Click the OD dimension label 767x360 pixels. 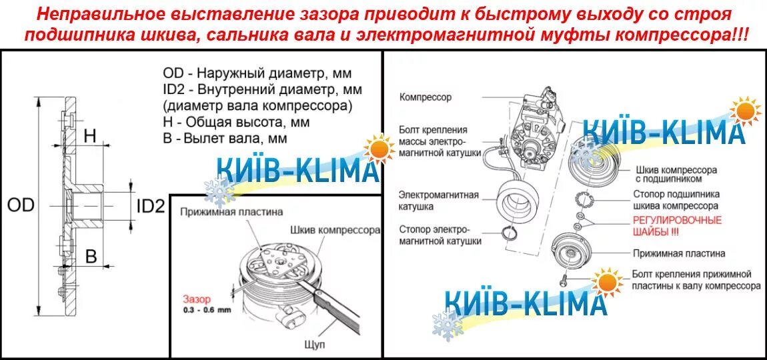(21, 205)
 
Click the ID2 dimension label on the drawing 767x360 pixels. (150, 205)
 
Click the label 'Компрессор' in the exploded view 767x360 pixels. (426, 97)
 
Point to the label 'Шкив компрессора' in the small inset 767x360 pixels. (335, 230)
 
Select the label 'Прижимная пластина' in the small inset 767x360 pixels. (231, 212)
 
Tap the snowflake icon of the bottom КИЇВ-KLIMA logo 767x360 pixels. (446, 325)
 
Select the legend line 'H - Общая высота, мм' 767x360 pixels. (236, 123)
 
